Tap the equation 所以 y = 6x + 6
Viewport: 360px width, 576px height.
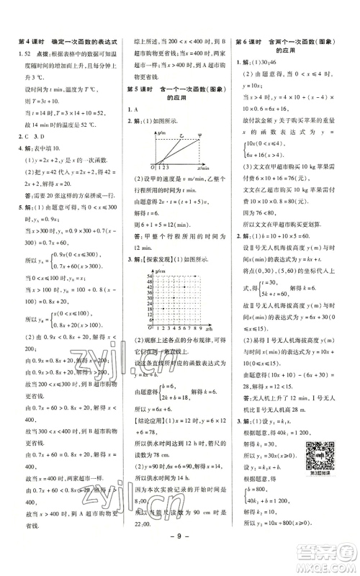click(x=157, y=407)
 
